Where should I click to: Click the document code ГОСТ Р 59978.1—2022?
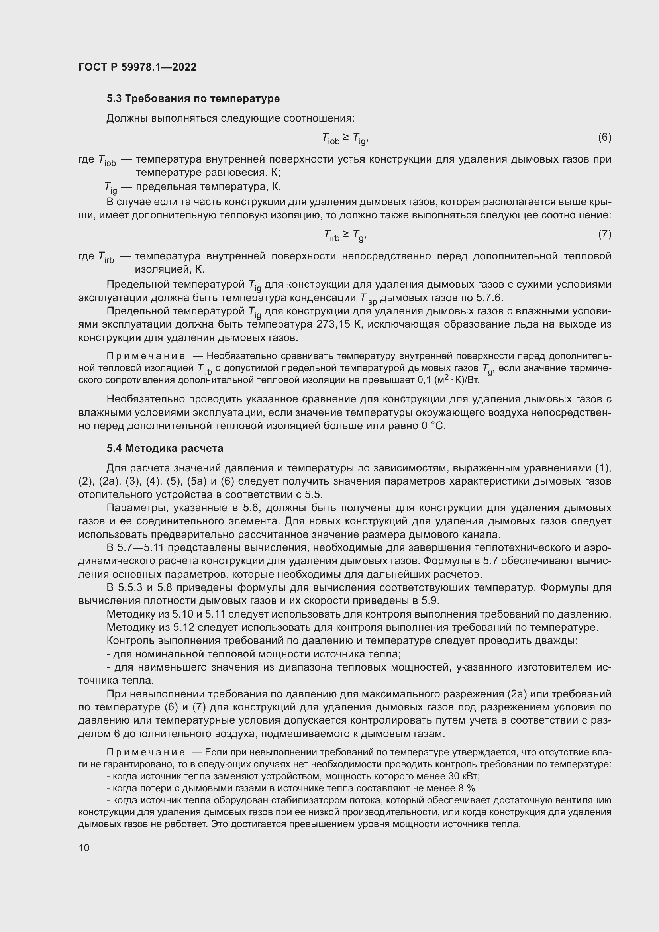(137, 67)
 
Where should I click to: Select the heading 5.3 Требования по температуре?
(193, 99)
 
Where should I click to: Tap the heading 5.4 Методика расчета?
(165, 449)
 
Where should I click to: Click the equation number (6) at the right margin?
(604, 137)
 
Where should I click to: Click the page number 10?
(84, 848)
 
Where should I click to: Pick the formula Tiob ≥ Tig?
(345, 139)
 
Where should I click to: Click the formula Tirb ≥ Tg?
(345, 235)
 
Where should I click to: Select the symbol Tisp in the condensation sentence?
(368, 299)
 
